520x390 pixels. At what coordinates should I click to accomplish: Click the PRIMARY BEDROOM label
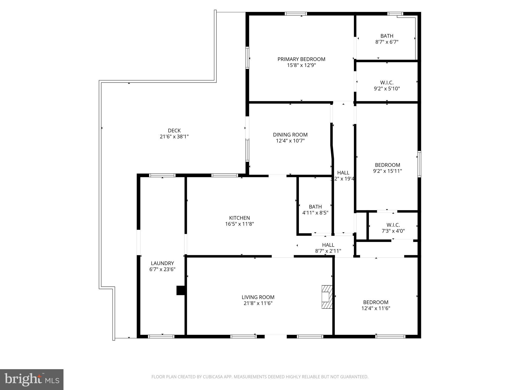301,59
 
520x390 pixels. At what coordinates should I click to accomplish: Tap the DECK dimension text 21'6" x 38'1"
174,137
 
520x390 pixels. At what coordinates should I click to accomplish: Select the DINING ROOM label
290,135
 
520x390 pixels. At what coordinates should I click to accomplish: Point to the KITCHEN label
239,218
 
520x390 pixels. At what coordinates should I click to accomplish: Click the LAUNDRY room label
162,263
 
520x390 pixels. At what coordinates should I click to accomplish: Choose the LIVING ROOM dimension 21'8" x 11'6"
258,303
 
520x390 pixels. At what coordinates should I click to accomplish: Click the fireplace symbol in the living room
327,297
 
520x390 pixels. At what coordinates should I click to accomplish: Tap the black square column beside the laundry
181,290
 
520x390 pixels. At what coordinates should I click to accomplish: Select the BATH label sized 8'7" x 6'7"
387,36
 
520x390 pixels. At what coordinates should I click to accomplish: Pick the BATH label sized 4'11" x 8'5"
315,207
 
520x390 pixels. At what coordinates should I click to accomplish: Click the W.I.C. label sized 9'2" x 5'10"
387,83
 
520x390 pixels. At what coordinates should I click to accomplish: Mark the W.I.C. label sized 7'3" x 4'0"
393,225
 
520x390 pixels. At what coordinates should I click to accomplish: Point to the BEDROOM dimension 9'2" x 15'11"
387,171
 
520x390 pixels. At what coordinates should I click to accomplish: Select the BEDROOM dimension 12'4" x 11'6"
376,308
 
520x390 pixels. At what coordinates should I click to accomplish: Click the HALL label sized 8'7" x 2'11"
328,245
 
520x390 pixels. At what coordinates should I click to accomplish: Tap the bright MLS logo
32,379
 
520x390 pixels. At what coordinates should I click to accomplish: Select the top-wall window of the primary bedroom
296,14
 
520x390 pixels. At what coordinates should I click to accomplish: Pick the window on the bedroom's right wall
419,164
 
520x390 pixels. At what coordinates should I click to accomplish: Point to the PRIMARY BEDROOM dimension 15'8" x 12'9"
301,65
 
